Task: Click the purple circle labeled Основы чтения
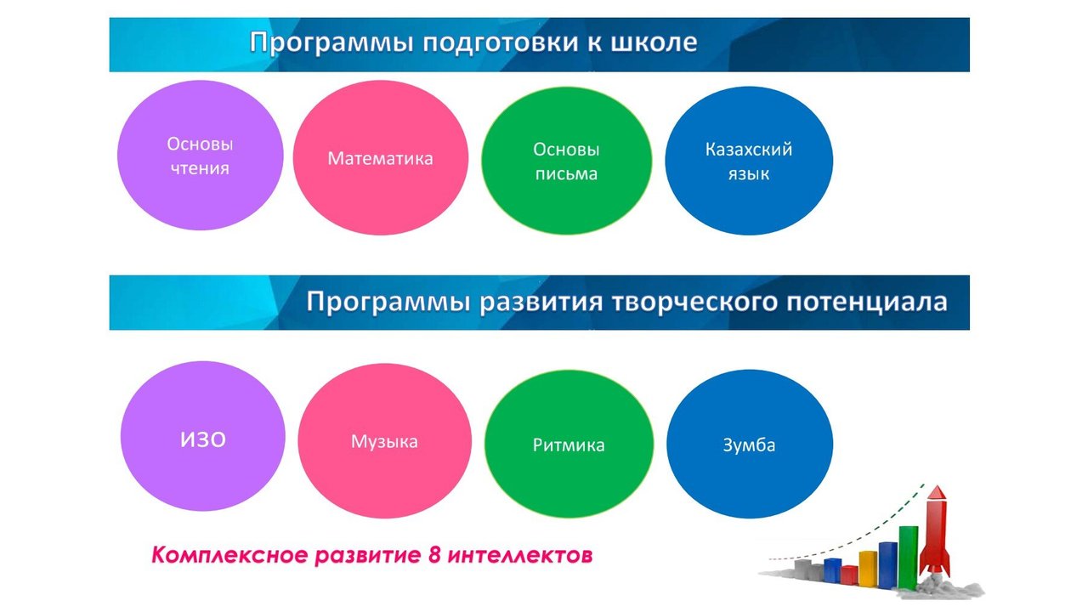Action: click(x=200, y=156)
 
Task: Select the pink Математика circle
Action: click(x=380, y=158)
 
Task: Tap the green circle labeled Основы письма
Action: click(x=566, y=161)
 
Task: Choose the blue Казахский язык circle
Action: click(x=749, y=161)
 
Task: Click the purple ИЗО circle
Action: click(x=202, y=436)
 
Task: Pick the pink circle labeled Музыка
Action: click(x=384, y=441)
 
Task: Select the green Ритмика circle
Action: click(x=569, y=444)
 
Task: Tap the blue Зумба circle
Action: click(x=750, y=444)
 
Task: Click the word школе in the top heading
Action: click(x=654, y=42)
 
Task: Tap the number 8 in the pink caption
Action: click(x=434, y=555)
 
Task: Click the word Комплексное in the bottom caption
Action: click(x=229, y=555)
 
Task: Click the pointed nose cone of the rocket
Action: click(x=937, y=492)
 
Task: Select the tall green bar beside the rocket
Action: click(x=909, y=558)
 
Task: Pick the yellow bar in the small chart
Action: click(x=868, y=569)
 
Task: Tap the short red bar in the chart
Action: click(x=849, y=575)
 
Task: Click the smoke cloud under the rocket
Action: click(x=940, y=586)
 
